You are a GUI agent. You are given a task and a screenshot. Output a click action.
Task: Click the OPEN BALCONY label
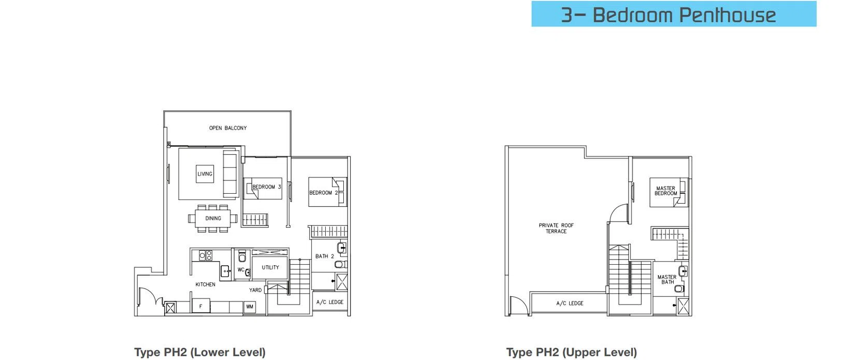[227, 128]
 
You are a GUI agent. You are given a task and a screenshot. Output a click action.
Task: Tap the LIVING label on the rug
[205, 174]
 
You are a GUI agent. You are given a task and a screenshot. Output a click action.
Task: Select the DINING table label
[213, 219]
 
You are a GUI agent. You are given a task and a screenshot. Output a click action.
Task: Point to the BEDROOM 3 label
[267, 187]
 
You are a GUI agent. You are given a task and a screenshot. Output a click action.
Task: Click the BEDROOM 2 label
[324, 193]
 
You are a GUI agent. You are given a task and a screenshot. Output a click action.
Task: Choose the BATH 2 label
[324, 256]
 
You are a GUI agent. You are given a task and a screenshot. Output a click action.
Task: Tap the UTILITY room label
[270, 267]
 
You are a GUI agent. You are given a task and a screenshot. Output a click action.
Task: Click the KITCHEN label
[206, 284]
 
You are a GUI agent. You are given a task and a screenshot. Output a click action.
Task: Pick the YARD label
[255, 290]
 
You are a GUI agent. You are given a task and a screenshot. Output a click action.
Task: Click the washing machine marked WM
[249, 307]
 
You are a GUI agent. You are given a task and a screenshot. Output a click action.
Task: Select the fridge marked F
[201, 306]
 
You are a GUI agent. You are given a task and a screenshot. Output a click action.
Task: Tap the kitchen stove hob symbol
[206, 255]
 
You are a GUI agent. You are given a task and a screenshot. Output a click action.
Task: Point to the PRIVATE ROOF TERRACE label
[556, 228]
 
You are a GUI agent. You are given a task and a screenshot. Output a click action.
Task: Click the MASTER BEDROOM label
[665, 191]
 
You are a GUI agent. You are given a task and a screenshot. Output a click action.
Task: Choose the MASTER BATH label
[667, 280]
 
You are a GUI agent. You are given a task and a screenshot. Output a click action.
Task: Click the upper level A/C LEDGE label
[570, 304]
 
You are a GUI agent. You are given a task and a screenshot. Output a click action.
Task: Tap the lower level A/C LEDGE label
[330, 302]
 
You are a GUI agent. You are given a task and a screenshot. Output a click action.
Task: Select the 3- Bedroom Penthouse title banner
[674, 14]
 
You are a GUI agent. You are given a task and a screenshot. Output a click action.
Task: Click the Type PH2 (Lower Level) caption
[200, 352]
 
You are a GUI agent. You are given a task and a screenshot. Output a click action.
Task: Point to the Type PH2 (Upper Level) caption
[572, 352]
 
